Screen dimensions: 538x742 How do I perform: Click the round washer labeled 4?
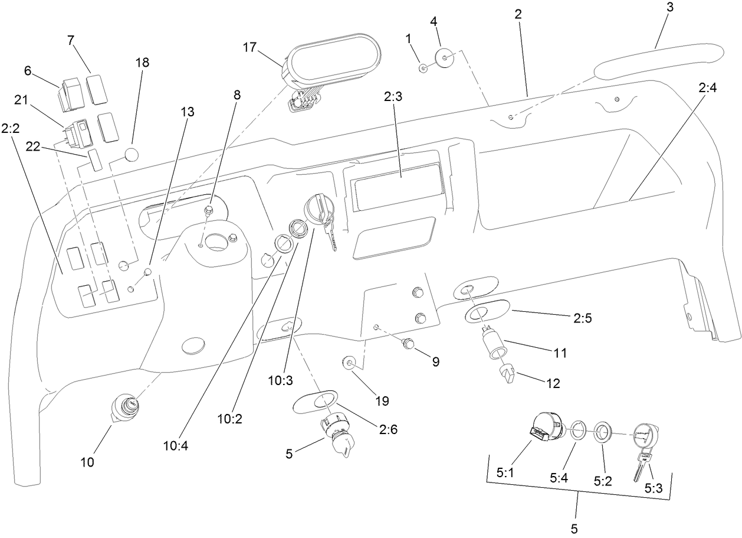445,58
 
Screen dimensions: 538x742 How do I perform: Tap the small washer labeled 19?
349,363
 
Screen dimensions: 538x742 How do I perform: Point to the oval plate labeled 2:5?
488,312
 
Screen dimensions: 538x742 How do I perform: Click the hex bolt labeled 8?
208,210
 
